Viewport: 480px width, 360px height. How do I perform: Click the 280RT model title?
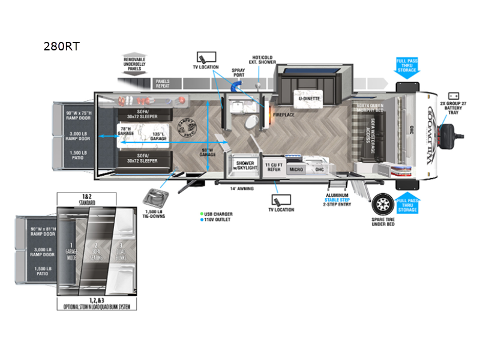[x=63, y=46]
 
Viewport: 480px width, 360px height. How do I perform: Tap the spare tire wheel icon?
[x=382, y=205]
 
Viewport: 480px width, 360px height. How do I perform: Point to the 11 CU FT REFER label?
[x=274, y=167]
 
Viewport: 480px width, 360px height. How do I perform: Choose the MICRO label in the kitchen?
[x=296, y=170]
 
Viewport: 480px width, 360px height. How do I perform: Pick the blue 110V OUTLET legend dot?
[x=202, y=220]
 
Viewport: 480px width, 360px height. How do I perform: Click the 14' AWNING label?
[x=241, y=188]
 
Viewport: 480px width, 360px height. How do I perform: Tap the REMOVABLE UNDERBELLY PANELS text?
[x=134, y=64]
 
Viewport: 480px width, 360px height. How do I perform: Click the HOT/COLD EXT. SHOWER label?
[x=262, y=61]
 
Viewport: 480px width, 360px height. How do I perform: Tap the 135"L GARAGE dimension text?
[x=158, y=136]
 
